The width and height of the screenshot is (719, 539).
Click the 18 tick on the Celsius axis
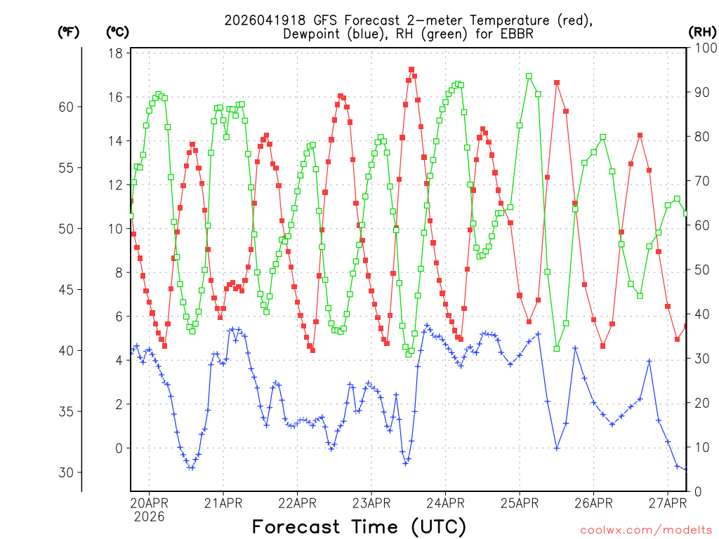117,53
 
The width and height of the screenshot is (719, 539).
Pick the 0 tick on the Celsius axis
119,448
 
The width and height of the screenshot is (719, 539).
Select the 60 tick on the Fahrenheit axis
65,107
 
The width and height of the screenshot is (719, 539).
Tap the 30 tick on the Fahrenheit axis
65,472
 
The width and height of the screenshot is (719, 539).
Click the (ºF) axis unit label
68,32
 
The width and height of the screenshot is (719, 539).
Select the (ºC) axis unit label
117,32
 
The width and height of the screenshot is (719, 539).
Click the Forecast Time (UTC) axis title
359,526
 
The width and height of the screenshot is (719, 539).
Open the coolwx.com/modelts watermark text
646,528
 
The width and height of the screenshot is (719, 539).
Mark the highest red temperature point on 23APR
411,69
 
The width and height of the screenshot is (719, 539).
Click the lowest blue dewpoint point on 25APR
557,448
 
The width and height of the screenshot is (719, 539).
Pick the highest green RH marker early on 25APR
529,76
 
